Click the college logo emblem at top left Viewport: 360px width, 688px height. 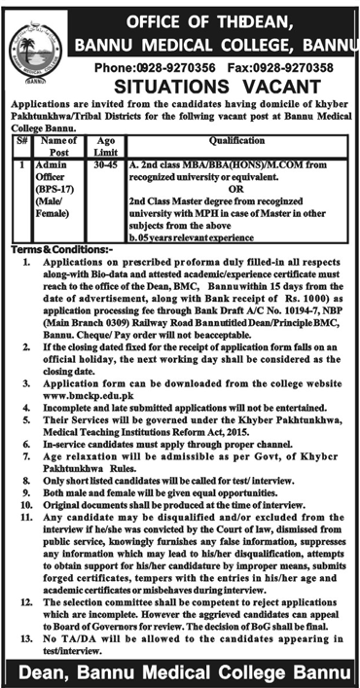(32, 45)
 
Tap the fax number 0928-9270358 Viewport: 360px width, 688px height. (277, 69)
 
